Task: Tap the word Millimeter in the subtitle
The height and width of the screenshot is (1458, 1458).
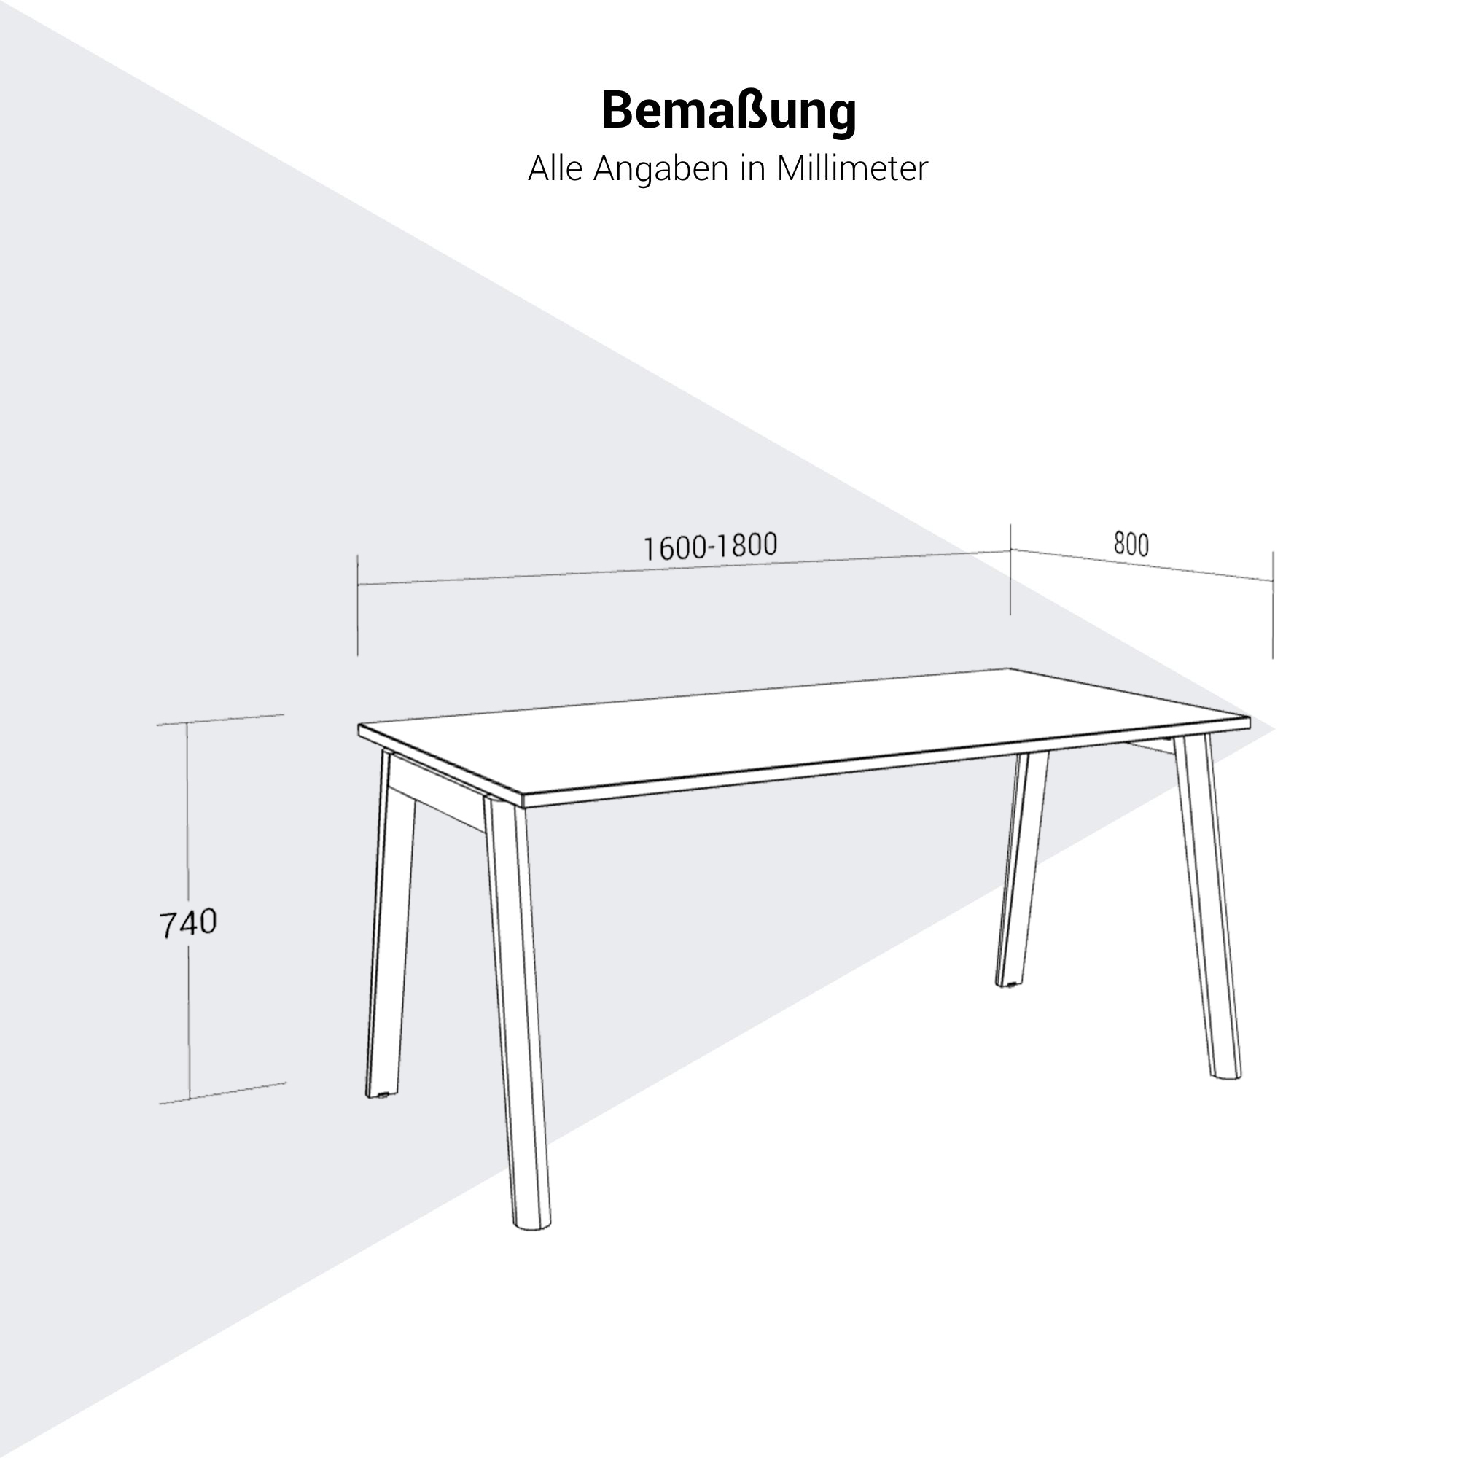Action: pyautogui.click(x=852, y=168)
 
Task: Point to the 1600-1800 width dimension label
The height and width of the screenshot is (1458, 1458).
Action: pyautogui.click(x=709, y=546)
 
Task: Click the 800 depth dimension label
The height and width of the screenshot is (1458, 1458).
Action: pyautogui.click(x=1131, y=544)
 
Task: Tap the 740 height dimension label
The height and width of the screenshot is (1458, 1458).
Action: pyautogui.click(x=188, y=923)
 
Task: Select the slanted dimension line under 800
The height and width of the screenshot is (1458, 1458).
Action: pyautogui.click(x=1142, y=565)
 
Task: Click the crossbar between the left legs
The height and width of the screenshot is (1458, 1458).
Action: pyautogui.click(x=437, y=808)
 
